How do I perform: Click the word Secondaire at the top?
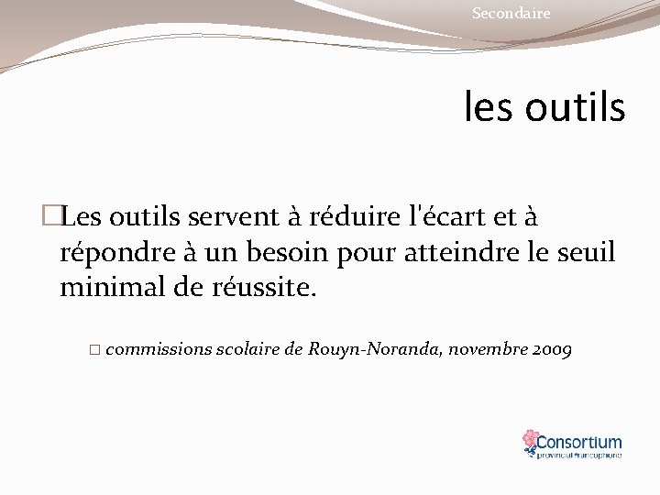(511, 14)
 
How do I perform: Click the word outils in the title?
(576, 108)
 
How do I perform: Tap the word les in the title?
(491, 108)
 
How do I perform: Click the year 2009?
(552, 349)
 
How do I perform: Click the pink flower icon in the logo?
(530, 442)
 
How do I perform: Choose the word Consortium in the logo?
(579, 441)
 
